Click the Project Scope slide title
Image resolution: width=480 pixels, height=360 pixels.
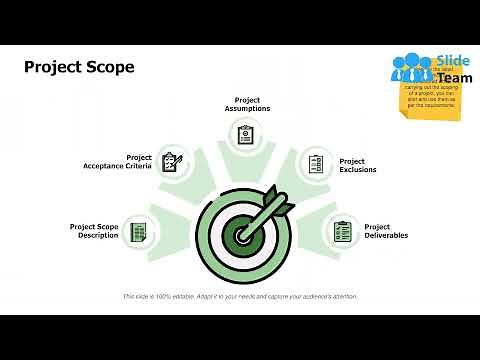coord(79,67)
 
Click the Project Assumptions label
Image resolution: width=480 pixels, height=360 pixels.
coord(247,104)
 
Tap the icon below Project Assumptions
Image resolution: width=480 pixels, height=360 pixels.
coord(246,133)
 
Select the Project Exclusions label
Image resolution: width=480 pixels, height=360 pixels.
coord(358,165)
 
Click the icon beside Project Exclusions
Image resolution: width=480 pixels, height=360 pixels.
coord(317,164)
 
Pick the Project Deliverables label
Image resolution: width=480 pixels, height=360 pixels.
coord(386,231)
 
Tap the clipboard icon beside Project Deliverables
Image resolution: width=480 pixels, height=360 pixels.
coord(343,232)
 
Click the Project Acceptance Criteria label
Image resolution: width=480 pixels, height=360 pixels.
coord(118,162)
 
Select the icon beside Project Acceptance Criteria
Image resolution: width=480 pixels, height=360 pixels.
coord(172,161)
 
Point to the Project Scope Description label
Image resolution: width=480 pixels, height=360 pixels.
coord(95,231)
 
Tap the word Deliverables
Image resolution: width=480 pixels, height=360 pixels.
coord(386,236)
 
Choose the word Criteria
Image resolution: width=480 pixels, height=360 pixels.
coord(137,166)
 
